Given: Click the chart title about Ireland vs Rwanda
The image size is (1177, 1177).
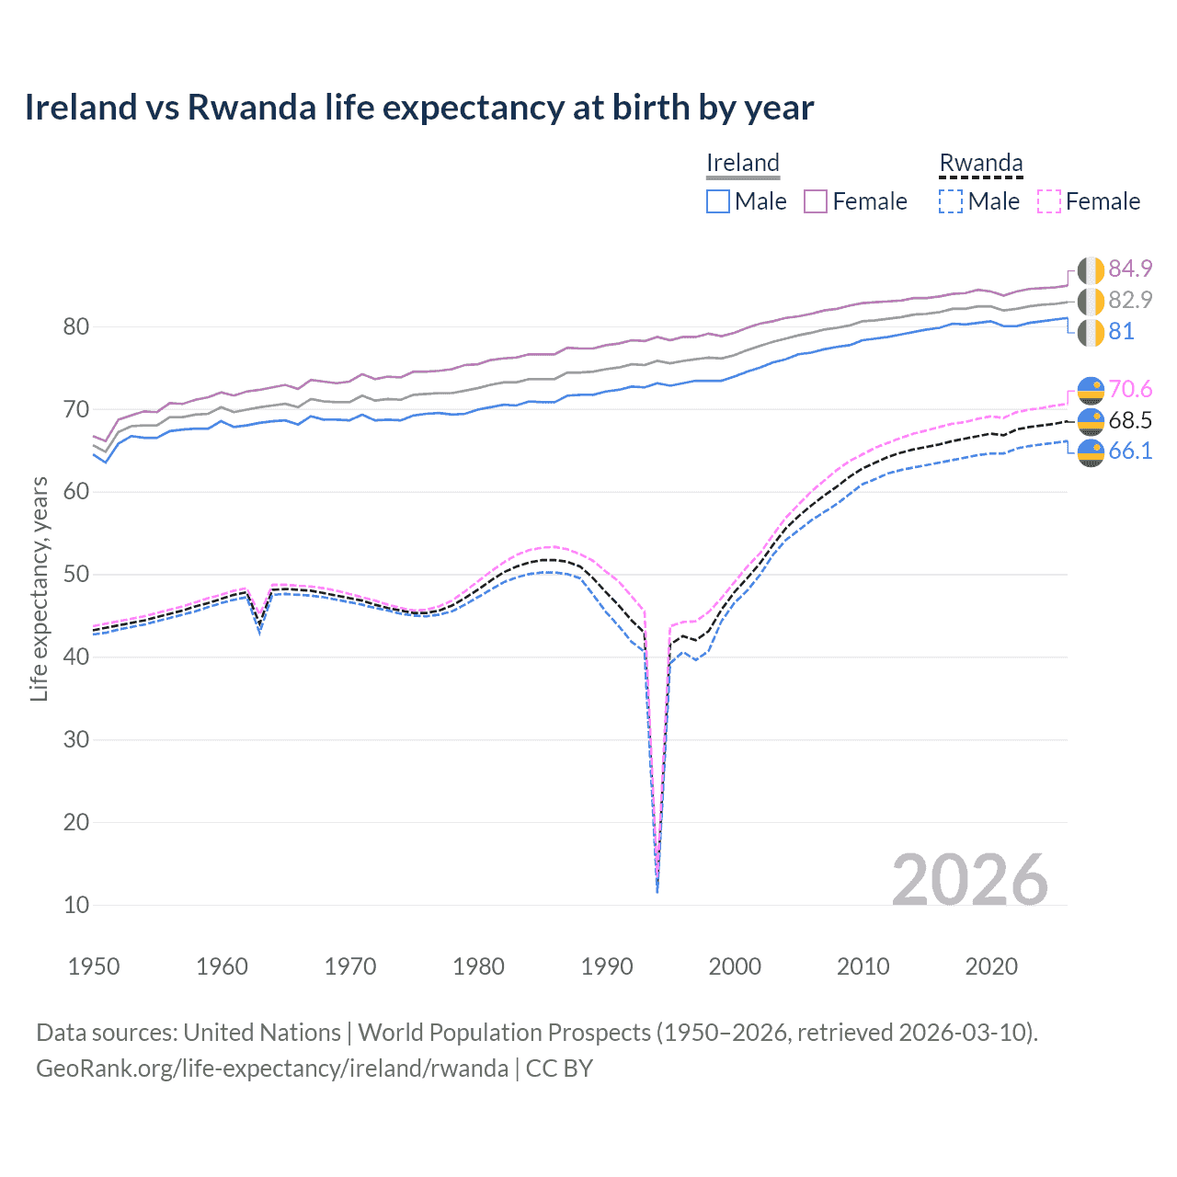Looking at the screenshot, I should pyautogui.click(x=418, y=108).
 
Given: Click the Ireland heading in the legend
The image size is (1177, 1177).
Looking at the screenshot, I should pyautogui.click(x=742, y=163).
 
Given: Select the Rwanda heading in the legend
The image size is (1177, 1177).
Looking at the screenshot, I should pyautogui.click(x=980, y=163).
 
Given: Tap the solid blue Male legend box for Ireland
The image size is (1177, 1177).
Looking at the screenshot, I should pyautogui.click(x=718, y=201).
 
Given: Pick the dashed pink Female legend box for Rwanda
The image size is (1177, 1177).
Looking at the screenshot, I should pyautogui.click(x=1049, y=201).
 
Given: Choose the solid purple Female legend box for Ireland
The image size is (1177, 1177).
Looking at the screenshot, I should pyautogui.click(x=816, y=201).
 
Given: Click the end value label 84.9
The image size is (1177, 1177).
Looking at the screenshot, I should pyautogui.click(x=1130, y=269).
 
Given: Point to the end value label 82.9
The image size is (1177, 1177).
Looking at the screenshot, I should pyautogui.click(x=1130, y=300).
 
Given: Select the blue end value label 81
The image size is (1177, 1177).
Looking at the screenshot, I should pyautogui.click(x=1121, y=331).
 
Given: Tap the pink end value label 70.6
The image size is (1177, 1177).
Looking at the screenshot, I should pyautogui.click(x=1130, y=389).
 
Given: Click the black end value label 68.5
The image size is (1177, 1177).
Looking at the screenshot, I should pyautogui.click(x=1130, y=420).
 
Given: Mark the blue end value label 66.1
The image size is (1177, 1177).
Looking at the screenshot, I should pyautogui.click(x=1130, y=451).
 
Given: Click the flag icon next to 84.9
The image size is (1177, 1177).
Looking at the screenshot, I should pyautogui.click(x=1091, y=270).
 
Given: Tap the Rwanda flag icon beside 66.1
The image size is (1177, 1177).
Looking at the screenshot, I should pyautogui.click(x=1091, y=452).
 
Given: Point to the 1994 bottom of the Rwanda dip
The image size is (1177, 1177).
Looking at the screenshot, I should pyautogui.click(x=657, y=890).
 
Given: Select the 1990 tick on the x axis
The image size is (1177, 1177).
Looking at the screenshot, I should pyautogui.click(x=607, y=966).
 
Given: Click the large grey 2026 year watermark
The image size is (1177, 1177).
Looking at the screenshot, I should pyautogui.click(x=969, y=880).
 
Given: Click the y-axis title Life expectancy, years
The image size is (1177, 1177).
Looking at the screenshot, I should pyautogui.click(x=39, y=588).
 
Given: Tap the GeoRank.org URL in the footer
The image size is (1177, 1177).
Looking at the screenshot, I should pyautogui.click(x=272, y=1068).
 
